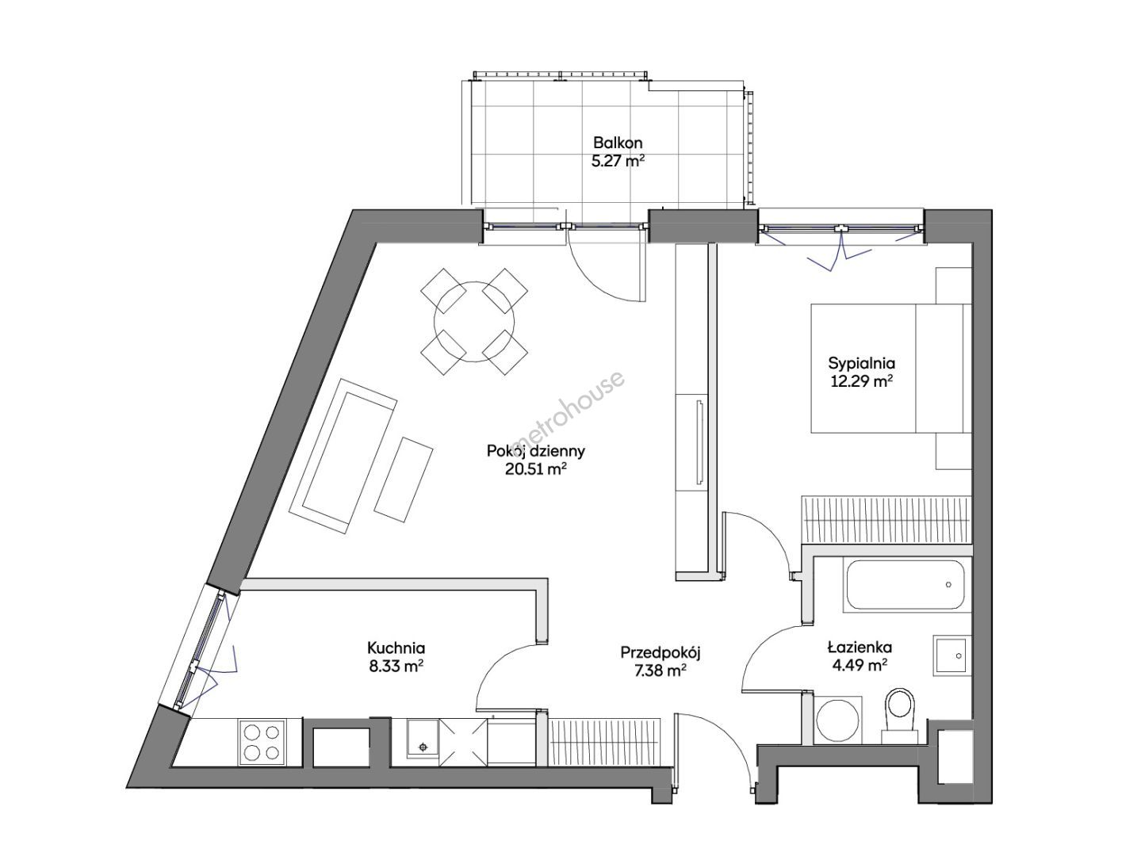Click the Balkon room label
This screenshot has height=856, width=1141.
618,143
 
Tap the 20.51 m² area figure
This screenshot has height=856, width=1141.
535,469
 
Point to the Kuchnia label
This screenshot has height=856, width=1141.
396,648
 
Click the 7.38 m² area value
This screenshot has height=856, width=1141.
660,671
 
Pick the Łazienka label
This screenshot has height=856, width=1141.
860,648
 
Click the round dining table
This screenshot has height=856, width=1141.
474,322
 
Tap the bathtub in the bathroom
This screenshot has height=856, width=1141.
905,584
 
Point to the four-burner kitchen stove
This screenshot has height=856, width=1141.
262,742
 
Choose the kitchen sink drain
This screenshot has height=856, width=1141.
423,747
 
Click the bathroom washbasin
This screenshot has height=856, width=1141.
951,655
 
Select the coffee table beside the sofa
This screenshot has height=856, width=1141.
404,480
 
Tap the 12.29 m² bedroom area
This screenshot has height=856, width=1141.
861,382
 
